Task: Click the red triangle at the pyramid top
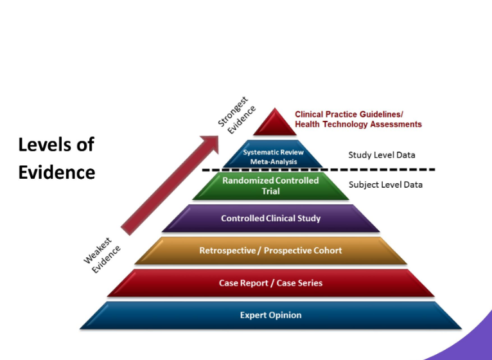tap(275, 124)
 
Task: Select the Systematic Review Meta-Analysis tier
tap(273, 154)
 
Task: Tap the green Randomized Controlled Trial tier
tap(271, 186)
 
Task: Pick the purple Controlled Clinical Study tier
tap(271, 219)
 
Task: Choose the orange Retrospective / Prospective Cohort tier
tap(271, 251)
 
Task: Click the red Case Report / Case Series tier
tap(271, 283)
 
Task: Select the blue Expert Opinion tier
tap(271, 316)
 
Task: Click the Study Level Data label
tap(382, 155)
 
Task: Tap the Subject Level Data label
tap(385, 184)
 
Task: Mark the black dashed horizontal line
tap(319, 170)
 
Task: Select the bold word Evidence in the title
tap(57, 172)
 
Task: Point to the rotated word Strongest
tap(233, 111)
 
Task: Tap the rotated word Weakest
tap(98, 251)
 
